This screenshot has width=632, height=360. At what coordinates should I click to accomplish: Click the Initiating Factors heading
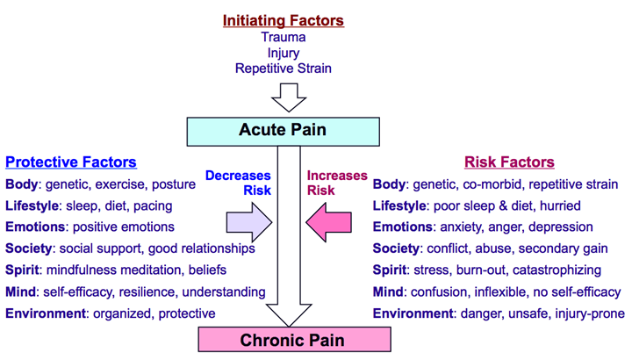coord(284,20)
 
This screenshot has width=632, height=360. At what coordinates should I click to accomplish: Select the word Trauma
coord(284,37)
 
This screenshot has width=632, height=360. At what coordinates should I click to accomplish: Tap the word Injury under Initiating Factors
coord(284,54)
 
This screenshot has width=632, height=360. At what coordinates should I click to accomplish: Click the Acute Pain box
coord(283,132)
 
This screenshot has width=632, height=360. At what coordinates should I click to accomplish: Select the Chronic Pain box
coord(294,340)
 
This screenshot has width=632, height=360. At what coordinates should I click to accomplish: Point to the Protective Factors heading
coord(71,162)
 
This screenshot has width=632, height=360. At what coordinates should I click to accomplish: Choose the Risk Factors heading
coord(509,162)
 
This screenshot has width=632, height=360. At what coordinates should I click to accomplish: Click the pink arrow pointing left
coord(328,222)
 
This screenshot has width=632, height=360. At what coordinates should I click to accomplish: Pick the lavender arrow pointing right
coord(249,222)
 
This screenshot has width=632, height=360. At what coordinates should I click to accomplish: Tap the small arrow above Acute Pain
coord(289,97)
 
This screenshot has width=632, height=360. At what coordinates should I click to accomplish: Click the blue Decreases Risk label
coord(238,183)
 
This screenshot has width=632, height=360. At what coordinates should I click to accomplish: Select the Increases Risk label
coord(337,183)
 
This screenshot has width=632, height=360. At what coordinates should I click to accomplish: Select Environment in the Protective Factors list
coord(46,313)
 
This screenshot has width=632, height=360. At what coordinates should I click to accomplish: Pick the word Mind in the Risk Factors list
coord(388,292)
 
